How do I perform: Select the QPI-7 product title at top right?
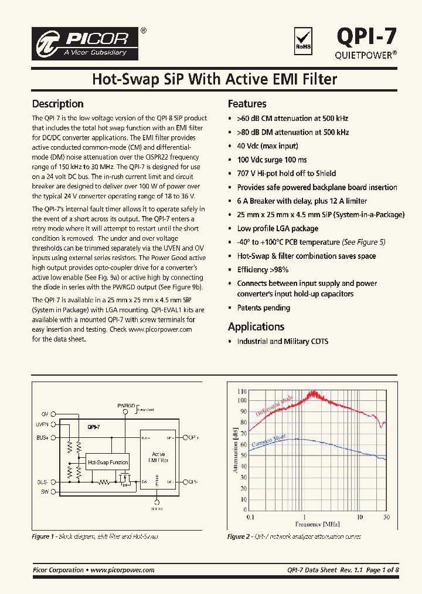pos(366,36)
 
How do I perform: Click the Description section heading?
pos(57,104)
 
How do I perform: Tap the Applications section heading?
pos(256,327)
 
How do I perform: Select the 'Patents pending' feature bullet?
pos(263,308)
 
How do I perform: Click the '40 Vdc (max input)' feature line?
pos(267,146)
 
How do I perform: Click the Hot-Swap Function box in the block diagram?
pos(107,463)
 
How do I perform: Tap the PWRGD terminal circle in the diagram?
pos(125,412)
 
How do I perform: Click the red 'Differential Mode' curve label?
pos(274,406)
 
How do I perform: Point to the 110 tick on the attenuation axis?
pos(242,391)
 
